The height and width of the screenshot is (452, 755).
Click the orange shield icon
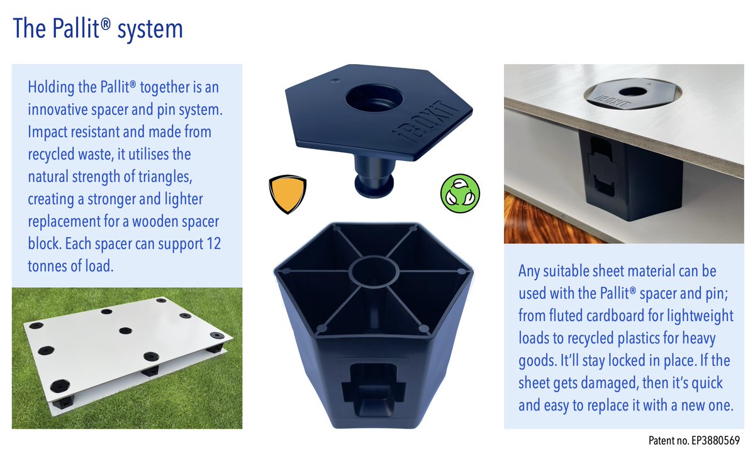(288, 194)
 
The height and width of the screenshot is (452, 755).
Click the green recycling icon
(460, 194)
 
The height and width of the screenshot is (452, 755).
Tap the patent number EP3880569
(715, 441)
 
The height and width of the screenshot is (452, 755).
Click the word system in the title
(150, 30)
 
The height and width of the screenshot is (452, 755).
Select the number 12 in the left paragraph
(213, 243)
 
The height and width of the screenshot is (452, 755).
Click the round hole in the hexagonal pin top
(374, 98)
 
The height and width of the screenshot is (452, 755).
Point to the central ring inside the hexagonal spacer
(374, 272)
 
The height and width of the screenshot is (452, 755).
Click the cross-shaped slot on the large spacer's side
(374, 387)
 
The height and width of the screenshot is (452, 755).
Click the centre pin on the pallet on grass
(125, 331)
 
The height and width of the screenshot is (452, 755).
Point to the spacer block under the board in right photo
(630, 175)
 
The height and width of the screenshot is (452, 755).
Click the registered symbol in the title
(106, 24)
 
